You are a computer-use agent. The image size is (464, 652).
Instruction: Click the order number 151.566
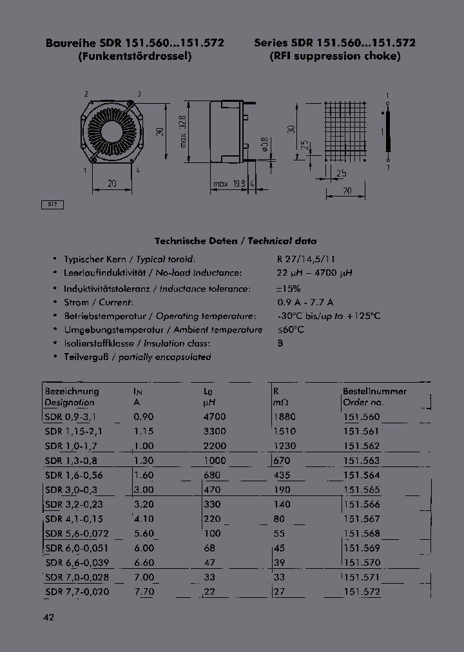tap(362, 504)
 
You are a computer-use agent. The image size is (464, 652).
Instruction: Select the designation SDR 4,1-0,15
tap(74, 519)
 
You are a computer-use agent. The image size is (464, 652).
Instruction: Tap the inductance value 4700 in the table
tap(215, 417)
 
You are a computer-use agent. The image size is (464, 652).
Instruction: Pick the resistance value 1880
tap(284, 417)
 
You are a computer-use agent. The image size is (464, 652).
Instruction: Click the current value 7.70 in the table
tap(144, 591)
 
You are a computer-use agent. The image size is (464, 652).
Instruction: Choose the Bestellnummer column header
tap(374, 391)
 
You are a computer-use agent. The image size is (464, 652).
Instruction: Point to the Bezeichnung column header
tap(72, 391)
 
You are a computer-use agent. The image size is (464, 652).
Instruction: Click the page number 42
tap(49, 617)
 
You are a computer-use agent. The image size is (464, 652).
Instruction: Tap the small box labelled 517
tap(53, 204)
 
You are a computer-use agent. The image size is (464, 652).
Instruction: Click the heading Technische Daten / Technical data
tap(235, 241)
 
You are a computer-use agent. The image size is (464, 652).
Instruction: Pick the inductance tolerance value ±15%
tap(290, 288)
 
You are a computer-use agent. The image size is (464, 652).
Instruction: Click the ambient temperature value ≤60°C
tap(291, 330)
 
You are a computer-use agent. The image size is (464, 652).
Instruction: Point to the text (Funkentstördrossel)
tap(135, 56)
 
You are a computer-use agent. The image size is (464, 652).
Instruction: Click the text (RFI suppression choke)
tap(335, 56)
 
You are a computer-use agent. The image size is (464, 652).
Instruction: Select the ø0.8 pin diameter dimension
tap(264, 145)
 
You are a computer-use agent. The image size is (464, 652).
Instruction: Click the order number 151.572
tap(362, 591)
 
